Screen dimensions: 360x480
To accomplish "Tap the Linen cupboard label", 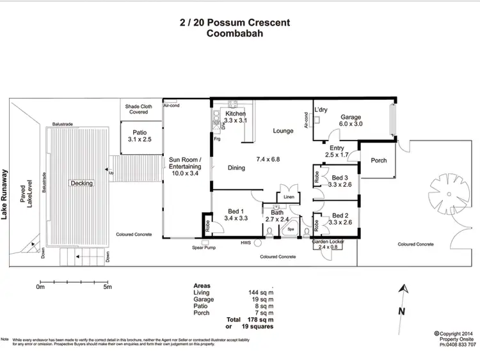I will pos(288,198).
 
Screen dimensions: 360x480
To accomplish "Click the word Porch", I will pos(379,160).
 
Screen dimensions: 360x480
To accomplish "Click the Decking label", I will pos(82,183).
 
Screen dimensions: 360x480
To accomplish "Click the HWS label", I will pos(246,242).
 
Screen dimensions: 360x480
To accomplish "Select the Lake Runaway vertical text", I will pos(5,194).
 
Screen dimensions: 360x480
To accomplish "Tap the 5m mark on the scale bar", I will pos(107,287).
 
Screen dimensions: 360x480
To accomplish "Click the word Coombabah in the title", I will pos(234,35).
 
